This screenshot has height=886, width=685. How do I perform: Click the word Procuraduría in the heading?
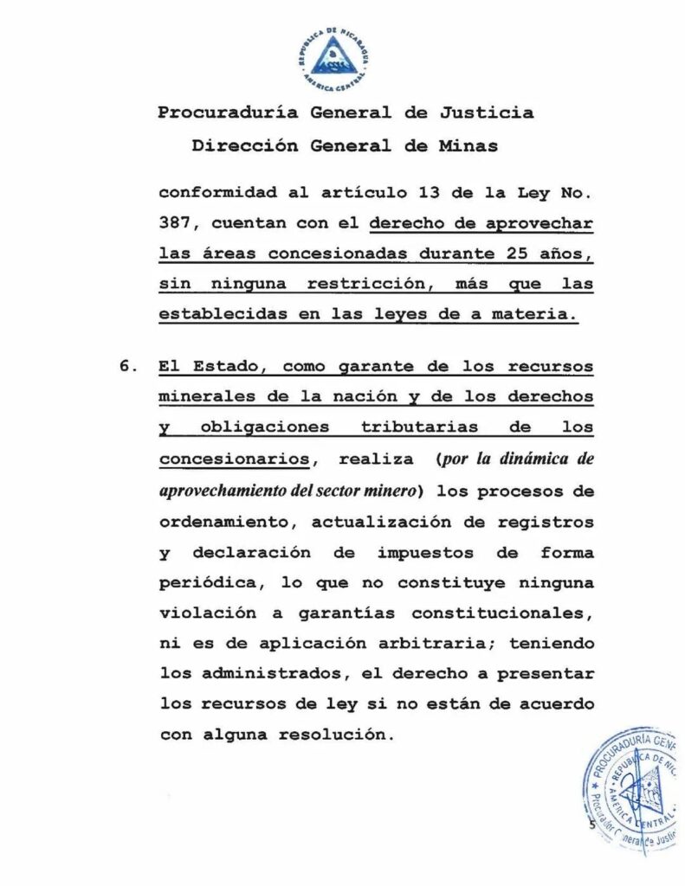[216, 112]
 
